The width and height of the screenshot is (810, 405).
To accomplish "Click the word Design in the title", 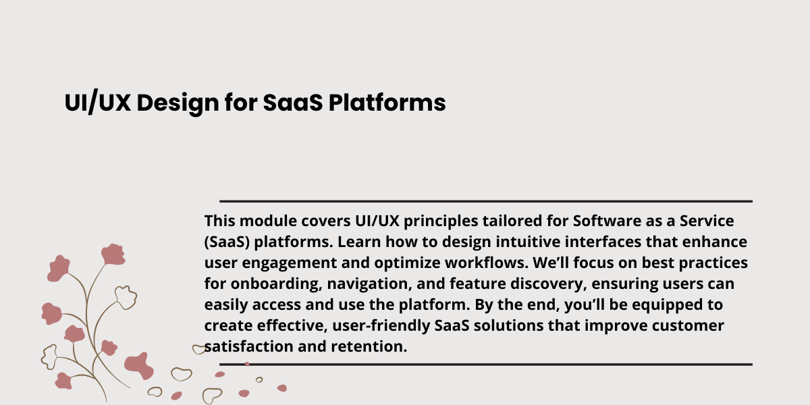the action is (178, 104).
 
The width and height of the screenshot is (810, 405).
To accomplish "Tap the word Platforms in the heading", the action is (387, 103).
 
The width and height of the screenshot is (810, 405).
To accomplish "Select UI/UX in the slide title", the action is (98, 103).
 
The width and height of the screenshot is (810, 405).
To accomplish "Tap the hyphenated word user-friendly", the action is (381, 326).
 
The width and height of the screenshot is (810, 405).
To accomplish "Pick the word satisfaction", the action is (249, 347).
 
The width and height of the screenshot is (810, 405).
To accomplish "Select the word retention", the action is (369, 347).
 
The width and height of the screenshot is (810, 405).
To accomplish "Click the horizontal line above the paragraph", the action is (486, 201).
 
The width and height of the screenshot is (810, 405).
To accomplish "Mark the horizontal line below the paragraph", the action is (486, 364).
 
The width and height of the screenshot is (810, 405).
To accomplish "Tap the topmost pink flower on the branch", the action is (113, 254).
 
